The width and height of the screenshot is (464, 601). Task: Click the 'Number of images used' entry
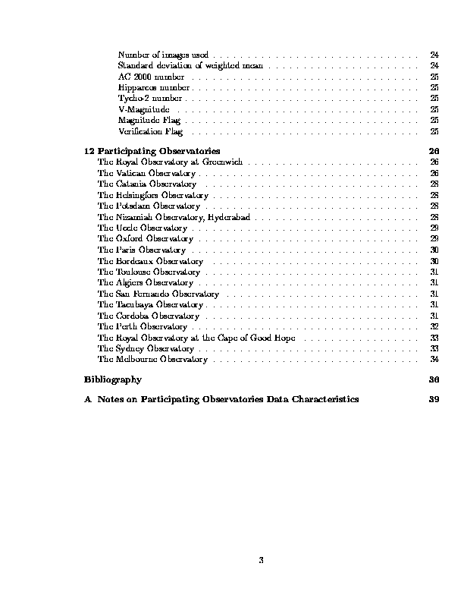[163, 55]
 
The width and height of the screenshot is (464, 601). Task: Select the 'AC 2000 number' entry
[151, 77]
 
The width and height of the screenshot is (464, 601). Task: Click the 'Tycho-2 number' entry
[150, 99]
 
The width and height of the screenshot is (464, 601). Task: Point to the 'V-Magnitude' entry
[144, 110]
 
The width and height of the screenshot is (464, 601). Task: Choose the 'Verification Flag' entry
[150, 132]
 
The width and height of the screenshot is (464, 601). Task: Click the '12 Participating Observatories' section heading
[152, 150]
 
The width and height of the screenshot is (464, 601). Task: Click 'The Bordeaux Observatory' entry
[140, 261]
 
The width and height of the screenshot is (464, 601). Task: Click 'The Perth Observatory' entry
[132, 327]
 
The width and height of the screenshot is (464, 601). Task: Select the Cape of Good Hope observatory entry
[196, 338]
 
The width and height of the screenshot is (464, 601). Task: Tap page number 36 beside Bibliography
[434, 379]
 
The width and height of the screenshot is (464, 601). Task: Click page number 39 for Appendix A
[434, 398]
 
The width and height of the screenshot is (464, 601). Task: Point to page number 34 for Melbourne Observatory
[434, 360]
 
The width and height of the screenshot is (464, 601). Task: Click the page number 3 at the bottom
[260, 561]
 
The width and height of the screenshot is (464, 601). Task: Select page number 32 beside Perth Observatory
[434, 327]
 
